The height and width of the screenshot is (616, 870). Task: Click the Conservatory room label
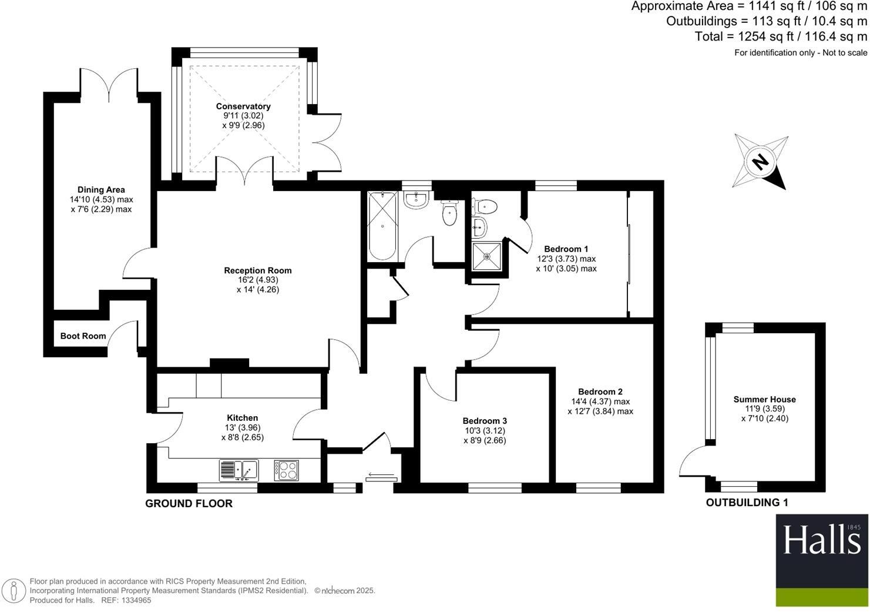pos(243,106)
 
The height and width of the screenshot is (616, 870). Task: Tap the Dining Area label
pos(101,190)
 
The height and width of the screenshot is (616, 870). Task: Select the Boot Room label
pos(83,336)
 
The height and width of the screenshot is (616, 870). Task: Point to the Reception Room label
pos(257,271)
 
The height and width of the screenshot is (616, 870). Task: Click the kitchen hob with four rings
pos(286,470)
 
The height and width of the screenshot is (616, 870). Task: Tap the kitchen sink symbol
pos(239,470)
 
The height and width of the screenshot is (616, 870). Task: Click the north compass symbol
pos(760,161)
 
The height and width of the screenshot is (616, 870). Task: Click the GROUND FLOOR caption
pos(189,504)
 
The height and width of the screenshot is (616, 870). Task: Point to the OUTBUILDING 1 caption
pos(747,503)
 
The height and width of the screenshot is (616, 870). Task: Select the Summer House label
pos(764,400)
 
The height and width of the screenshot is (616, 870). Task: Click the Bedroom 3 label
pos(485,421)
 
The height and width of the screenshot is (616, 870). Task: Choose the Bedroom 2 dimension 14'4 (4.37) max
pos(600,401)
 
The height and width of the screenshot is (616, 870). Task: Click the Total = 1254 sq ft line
pos(781,36)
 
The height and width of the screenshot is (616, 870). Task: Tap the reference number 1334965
pos(135,600)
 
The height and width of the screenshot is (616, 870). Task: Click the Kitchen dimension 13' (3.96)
pos(242,427)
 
